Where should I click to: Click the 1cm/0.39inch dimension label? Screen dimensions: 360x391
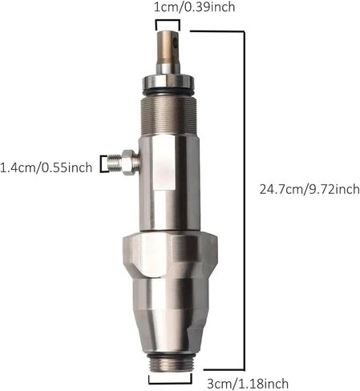pos(194,7)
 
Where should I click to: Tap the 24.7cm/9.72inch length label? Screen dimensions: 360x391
pos(309,189)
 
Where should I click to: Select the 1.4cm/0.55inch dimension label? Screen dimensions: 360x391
pos(46,167)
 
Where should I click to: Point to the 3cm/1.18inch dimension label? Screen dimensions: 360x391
pos(248,384)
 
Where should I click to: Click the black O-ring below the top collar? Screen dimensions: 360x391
pos(168,92)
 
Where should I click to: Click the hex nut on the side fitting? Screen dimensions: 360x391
pos(127,163)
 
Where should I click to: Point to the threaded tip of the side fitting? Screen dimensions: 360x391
pos(114,163)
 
